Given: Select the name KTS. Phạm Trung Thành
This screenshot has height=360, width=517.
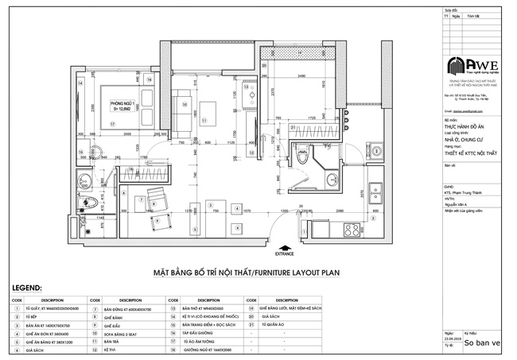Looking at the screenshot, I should [x=464, y=192].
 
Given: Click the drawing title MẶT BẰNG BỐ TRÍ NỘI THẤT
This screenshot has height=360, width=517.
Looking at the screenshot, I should [x=203, y=273].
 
